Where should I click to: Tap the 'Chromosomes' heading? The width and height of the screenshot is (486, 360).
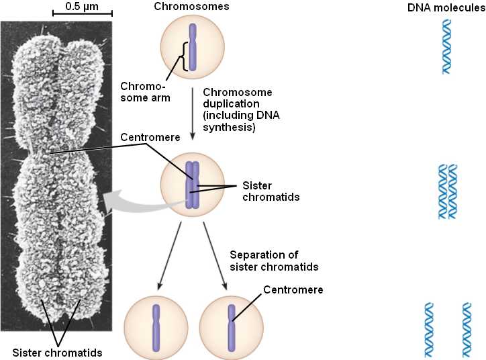192,7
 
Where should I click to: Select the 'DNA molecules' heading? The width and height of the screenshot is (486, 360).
446,7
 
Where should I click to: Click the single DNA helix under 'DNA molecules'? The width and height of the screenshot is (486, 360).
446,46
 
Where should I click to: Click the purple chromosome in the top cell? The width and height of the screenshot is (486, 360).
192,48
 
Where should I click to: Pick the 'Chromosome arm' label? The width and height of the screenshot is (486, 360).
144,91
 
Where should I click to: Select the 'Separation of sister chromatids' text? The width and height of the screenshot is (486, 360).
273,261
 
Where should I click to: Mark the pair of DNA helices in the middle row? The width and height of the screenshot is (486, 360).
447,191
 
